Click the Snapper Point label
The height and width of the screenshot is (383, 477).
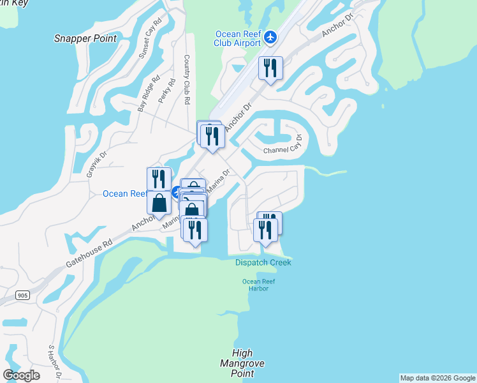pos(85,38)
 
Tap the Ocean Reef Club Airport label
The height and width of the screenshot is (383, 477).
pos(238,38)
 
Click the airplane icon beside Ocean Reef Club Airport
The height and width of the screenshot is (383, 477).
pos(270,38)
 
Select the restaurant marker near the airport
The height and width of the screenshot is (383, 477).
pos(270,68)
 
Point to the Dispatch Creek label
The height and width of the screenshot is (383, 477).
pos(263,262)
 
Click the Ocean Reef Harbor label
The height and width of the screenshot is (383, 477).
pos(255,285)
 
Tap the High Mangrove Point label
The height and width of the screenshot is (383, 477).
pos(247,363)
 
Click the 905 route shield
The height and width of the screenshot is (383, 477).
pos(24,295)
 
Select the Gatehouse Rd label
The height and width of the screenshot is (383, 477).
pos(89,253)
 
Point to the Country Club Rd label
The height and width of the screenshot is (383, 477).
pos(187,80)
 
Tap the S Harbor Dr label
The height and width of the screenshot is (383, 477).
pos(54,361)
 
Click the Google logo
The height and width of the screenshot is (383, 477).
pos(21,375)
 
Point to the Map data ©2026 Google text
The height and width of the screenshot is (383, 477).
pos(437,378)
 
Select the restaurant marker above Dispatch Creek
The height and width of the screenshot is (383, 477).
pos(266,229)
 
